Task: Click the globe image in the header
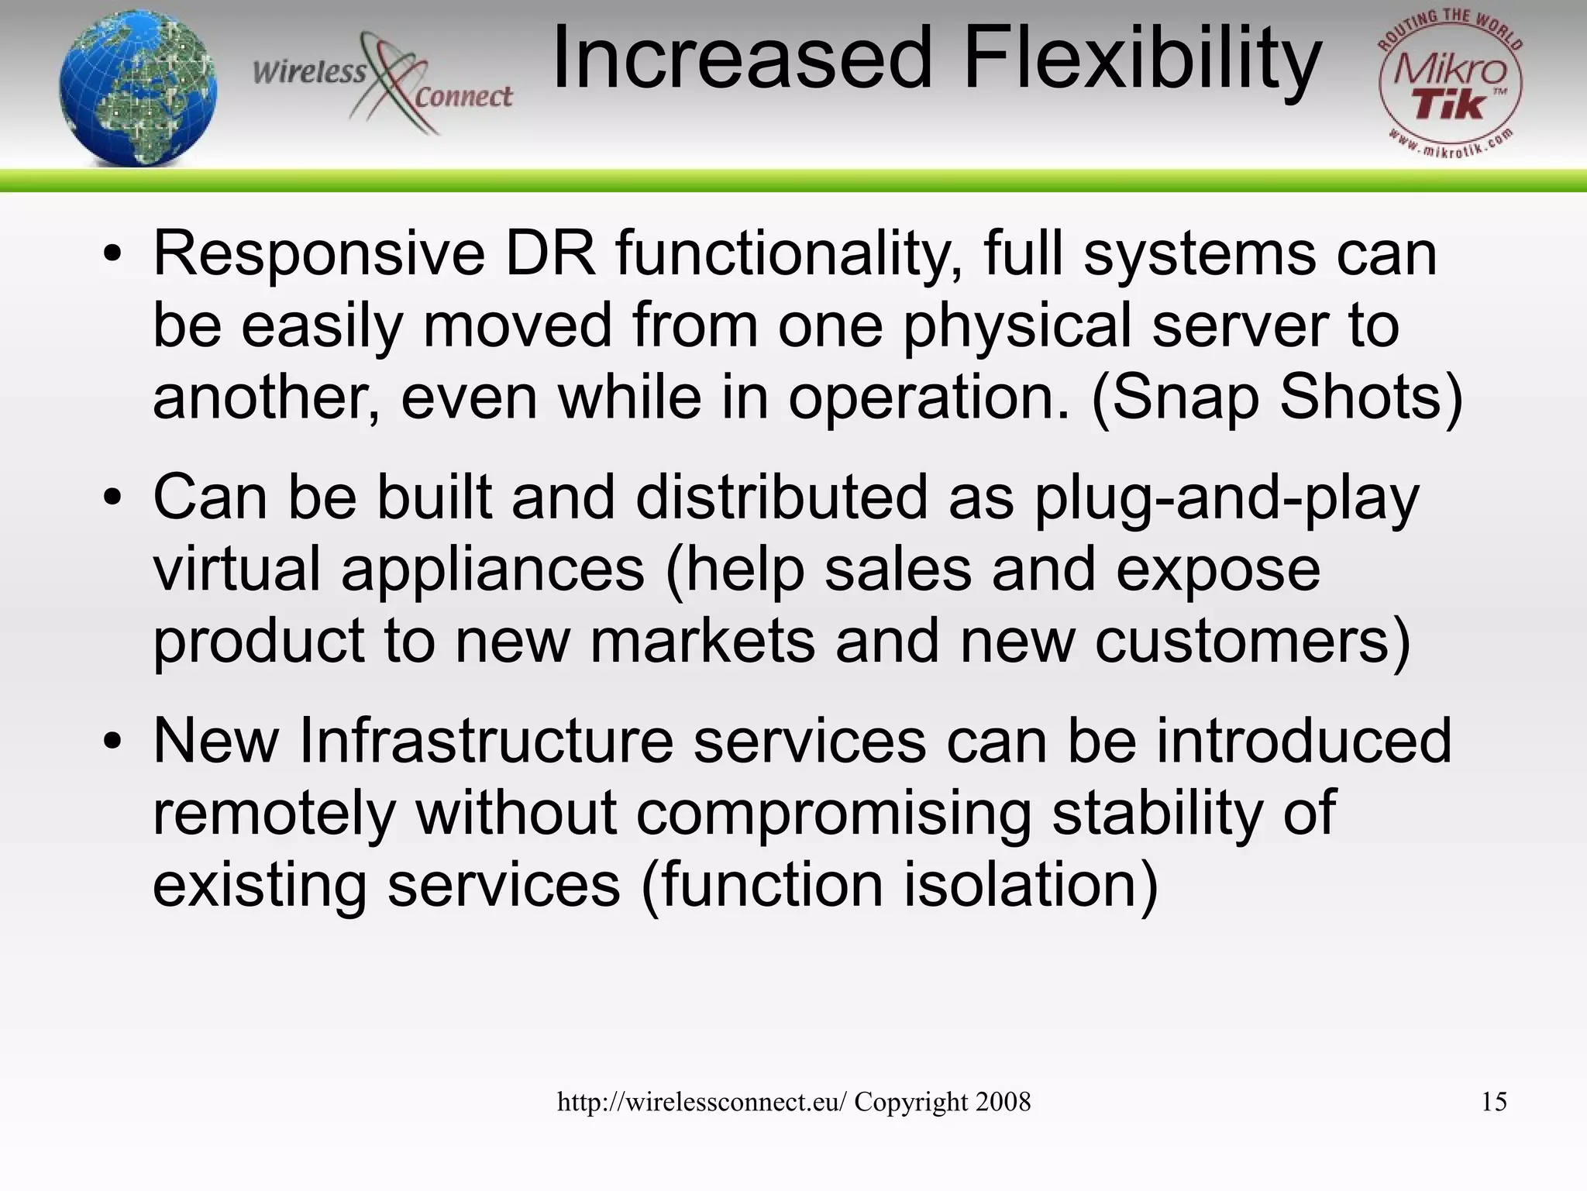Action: tap(138, 87)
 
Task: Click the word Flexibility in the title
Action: tap(1142, 59)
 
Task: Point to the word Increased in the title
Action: tap(742, 59)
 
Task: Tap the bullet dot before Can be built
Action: tap(113, 497)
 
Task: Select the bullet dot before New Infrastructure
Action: tap(113, 742)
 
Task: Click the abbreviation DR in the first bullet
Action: tap(551, 254)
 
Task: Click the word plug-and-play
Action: tap(1226, 497)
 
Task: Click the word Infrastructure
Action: tap(486, 742)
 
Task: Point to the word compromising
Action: tap(834, 814)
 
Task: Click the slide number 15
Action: tap(1493, 1102)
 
